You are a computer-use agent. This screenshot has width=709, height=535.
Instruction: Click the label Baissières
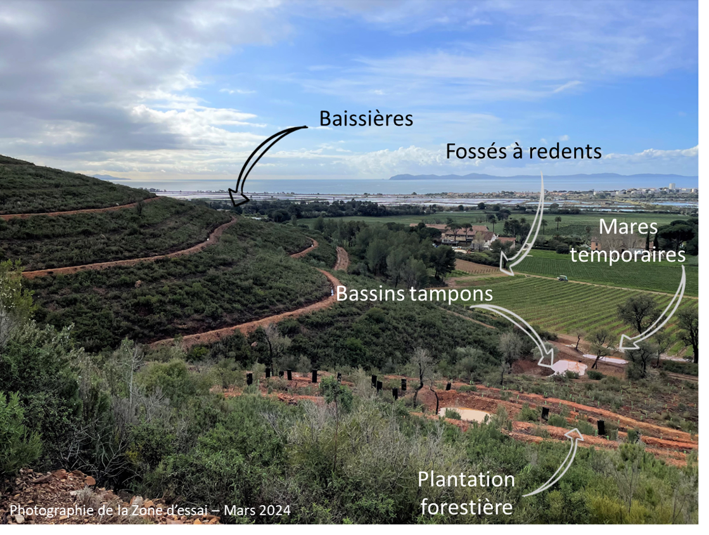[366, 119]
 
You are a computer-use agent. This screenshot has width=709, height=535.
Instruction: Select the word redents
[566, 151]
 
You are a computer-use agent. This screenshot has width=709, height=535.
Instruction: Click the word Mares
[628, 227]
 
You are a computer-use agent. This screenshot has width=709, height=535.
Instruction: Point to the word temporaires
[628, 254]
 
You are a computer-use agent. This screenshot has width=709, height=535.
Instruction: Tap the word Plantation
[466, 479]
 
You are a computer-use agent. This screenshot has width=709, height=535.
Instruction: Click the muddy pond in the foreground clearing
[464, 415]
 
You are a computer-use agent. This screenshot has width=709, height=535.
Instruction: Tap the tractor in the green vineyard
[562, 278]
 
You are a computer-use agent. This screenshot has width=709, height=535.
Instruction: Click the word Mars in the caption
[240, 510]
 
